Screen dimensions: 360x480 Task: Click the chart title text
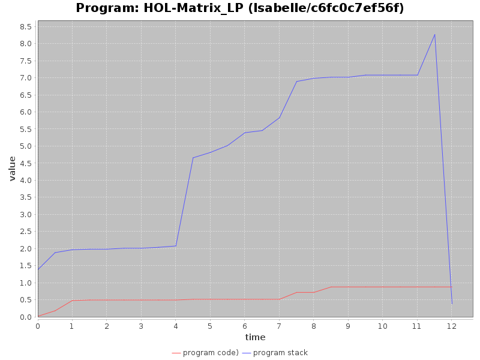tap(240, 8)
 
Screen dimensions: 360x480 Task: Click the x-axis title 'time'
tap(255, 337)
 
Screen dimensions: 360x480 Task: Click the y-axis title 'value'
tap(12, 169)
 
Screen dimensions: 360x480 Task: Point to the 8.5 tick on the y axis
tap(25, 26)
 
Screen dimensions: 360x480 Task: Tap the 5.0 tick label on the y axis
tap(25, 146)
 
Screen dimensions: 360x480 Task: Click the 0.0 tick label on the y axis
tap(25, 317)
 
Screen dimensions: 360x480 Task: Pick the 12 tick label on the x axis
tap(452, 326)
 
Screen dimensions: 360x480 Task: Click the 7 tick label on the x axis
tap(279, 326)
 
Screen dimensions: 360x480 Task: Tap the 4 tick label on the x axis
tap(176, 326)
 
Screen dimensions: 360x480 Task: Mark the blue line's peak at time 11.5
tap(434, 34)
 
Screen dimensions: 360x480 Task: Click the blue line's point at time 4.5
tap(193, 158)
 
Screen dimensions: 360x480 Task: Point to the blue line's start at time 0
tap(38, 269)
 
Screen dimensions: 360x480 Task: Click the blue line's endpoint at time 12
tap(452, 304)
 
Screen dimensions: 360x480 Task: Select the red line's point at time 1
tap(72, 301)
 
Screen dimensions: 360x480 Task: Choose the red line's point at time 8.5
tap(331, 287)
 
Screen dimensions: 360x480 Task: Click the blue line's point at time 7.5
tap(296, 82)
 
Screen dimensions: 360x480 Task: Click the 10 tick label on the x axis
tap(383, 326)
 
